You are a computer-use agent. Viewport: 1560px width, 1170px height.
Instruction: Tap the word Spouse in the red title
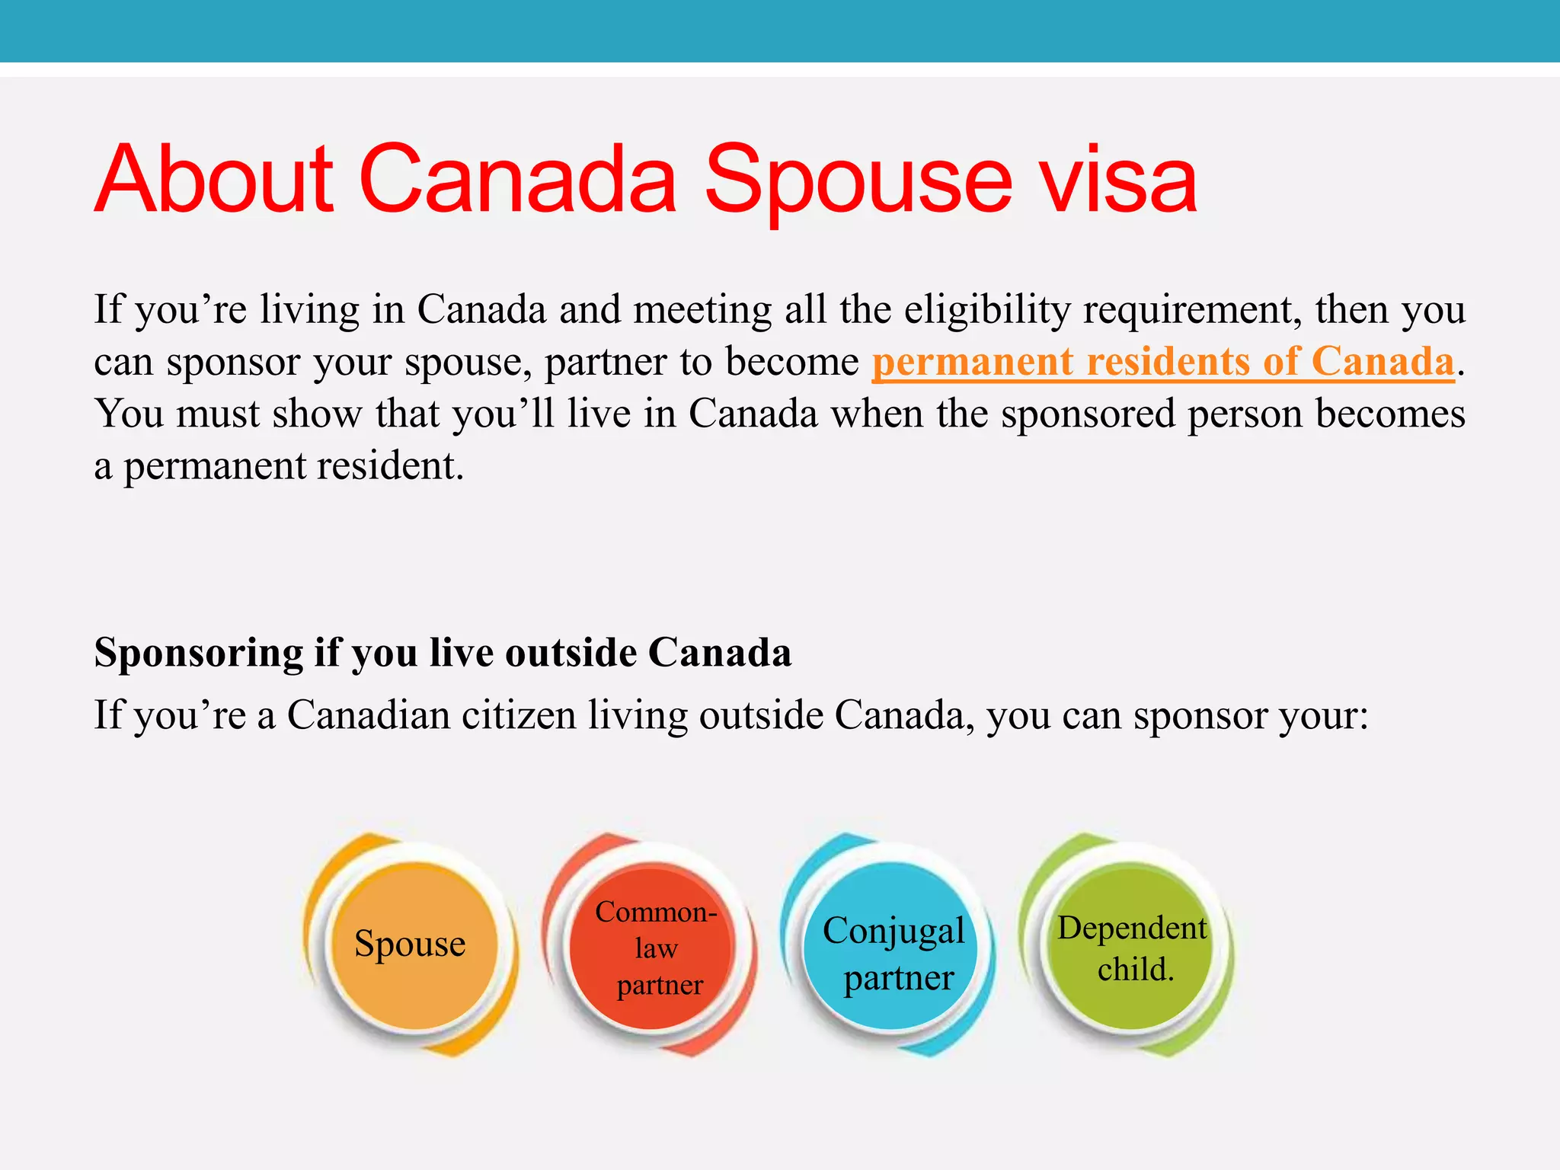(x=858, y=180)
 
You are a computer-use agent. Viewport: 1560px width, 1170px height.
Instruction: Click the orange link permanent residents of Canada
(x=1163, y=361)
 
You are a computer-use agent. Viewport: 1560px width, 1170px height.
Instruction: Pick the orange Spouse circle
(x=411, y=945)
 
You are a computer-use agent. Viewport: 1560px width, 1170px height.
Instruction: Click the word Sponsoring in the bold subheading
(x=198, y=654)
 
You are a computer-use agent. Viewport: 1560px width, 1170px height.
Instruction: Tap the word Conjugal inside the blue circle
(x=893, y=931)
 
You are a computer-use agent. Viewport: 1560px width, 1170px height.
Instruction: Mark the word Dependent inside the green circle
(x=1132, y=928)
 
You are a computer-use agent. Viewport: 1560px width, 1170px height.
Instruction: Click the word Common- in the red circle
(x=655, y=912)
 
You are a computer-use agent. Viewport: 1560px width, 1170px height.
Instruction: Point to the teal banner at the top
(x=780, y=30)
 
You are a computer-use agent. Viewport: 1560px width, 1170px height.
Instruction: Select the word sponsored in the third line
(x=1088, y=414)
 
